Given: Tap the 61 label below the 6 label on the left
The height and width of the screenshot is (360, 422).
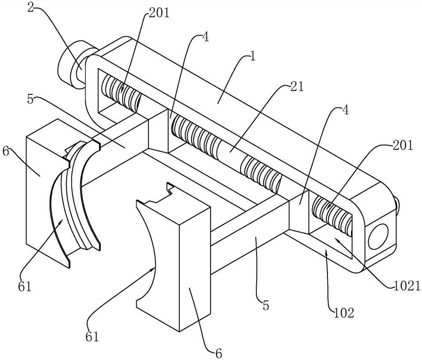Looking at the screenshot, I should coord(24,287).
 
